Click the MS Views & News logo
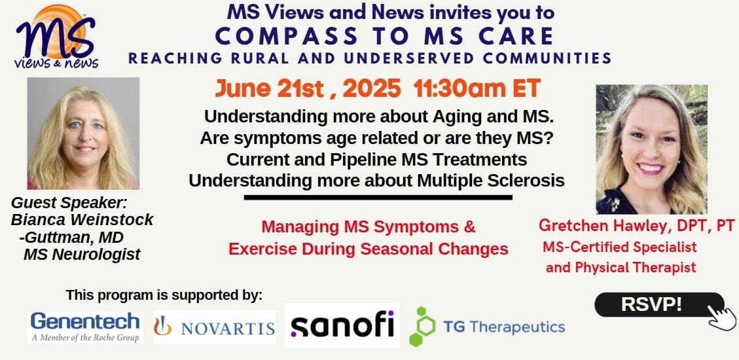tap(57, 37)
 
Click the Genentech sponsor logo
tap(85, 327)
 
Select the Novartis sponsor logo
tap(215, 327)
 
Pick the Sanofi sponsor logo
tap(342, 325)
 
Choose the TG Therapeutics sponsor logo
tap(487, 327)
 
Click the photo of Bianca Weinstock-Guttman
tap(83, 134)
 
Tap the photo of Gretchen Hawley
tap(651, 149)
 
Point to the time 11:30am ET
tap(477, 88)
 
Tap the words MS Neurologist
tap(82, 255)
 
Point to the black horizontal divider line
tap(378, 198)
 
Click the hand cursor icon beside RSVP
tap(721, 316)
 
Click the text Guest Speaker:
tap(69, 203)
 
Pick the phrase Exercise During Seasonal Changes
tap(368, 249)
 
